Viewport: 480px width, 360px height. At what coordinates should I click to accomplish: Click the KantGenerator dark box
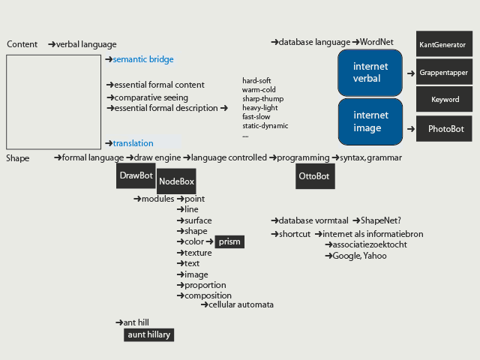click(x=444, y=43)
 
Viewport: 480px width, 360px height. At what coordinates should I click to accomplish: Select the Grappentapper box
click(x=444, y=72)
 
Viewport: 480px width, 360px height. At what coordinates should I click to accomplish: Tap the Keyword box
click(x=444, y=99)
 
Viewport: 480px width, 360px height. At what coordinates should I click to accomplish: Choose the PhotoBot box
click(x=444, y=128)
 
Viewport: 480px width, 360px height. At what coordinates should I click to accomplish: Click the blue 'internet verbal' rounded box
click(x=370, y=73)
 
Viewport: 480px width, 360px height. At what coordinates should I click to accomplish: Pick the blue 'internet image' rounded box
click(x=370, y=121)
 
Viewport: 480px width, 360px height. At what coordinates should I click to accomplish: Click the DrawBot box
click(x=136, y=175)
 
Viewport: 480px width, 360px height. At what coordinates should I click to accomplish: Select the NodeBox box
click(x=176, y=181)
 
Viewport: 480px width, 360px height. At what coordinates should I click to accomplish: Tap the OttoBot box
click(x=315, y=176)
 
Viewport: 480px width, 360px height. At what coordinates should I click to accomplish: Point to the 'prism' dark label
click(x=229, y=241)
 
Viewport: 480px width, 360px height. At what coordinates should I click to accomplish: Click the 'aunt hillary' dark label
click(x=148, y=335)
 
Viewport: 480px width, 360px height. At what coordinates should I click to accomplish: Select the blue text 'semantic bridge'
click(x=143, y=59)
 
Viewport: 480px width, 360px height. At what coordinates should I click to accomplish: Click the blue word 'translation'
click(x=133, y=143)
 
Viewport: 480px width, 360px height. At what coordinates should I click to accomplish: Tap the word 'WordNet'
click(x=376, y=42)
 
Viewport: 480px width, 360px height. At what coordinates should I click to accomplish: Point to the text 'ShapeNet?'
click(x=381, y=220)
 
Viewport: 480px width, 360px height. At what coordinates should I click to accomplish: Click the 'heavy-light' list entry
click(x=260, y=108)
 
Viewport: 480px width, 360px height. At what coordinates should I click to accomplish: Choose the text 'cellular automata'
click(x=241, y=304)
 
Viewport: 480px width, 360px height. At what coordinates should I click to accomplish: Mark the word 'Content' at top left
click(x=22, y=44)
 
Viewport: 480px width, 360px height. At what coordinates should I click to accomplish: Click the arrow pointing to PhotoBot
click(x=411, y=129)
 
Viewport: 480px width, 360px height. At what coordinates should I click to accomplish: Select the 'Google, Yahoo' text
click(x=359, y=256)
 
